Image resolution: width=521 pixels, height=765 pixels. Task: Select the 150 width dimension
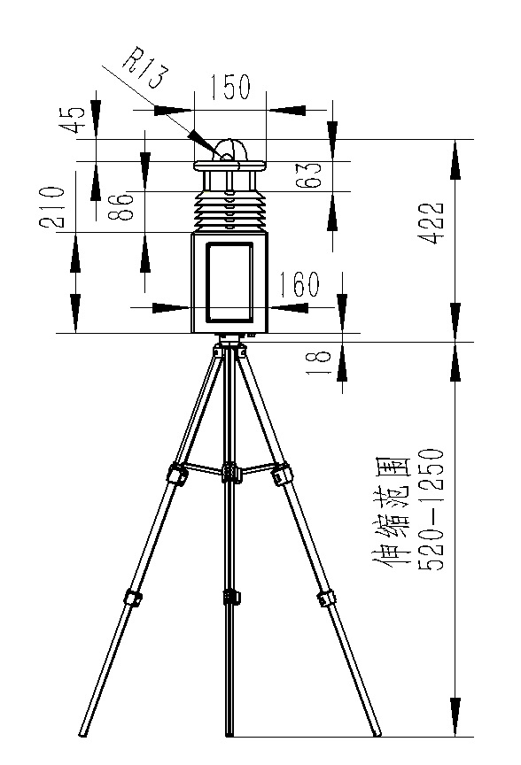coord(230,87)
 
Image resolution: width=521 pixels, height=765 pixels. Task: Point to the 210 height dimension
coord(52,207)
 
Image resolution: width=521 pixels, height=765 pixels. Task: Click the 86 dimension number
coord(121,206)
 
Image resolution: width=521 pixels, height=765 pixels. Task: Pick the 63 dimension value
coord(309,174)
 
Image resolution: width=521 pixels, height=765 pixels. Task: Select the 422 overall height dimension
coord(432,222)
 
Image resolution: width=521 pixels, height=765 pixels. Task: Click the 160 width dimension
coord(299,283)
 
